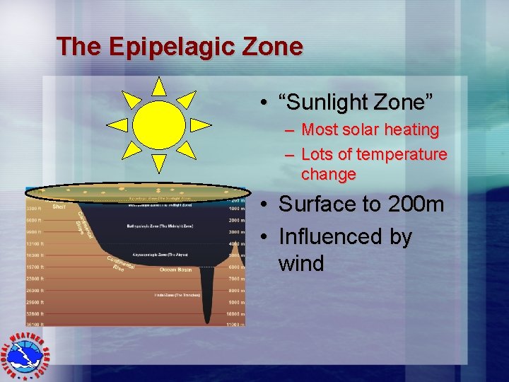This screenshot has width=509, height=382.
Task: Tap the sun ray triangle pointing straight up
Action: pyautogui.click(x=159, y=86)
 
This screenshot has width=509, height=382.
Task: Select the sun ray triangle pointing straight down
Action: pyautogui.click(x=159, y=163)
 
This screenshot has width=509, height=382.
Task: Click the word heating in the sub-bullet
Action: pyautogui.click(x=411, y=130)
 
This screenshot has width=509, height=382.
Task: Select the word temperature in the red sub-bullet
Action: pyautogui.click(x=402, y=154)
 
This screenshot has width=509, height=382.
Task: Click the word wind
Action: pyautogui.click(x=301, y=264)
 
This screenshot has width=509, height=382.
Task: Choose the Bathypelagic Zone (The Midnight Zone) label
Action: pyautogui.click(x=160, y=226)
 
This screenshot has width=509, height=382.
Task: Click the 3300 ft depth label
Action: pyautogui.click(x=36, y=209)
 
